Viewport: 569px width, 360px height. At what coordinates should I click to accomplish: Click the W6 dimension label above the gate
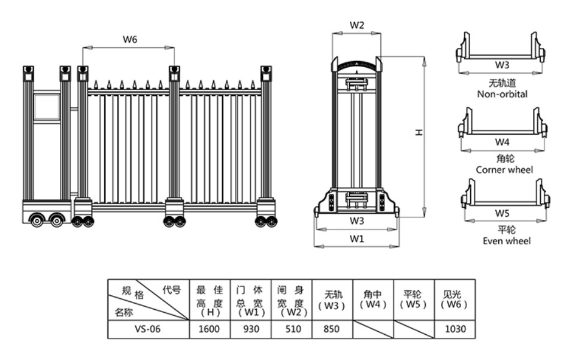click(x=130, y=40)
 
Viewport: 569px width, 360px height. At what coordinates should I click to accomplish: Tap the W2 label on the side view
click(x=357, y=26)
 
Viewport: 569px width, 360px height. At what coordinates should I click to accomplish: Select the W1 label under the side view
click(x=357, y=238)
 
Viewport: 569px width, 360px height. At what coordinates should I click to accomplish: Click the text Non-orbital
click(x=502, y=94)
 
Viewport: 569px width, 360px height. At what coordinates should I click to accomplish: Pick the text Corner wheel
click(x=504, y=170)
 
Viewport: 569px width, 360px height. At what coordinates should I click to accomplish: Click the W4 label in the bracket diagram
click(x=502, y=142)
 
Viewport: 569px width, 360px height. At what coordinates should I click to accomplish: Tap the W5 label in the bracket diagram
click(x=502, y=213)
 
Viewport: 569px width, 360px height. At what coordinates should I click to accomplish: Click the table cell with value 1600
click(x=210, y=329)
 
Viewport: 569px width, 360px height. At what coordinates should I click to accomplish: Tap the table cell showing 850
click(x=332, y=329)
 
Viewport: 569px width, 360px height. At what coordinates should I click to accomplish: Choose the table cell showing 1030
click(x=455, y=329)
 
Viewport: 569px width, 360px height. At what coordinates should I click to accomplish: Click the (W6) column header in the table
click(x=455, y=300)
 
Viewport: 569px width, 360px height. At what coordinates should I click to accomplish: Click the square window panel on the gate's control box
click(x=46, y=106)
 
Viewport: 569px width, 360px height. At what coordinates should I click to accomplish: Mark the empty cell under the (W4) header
click(x=373, y=329)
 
